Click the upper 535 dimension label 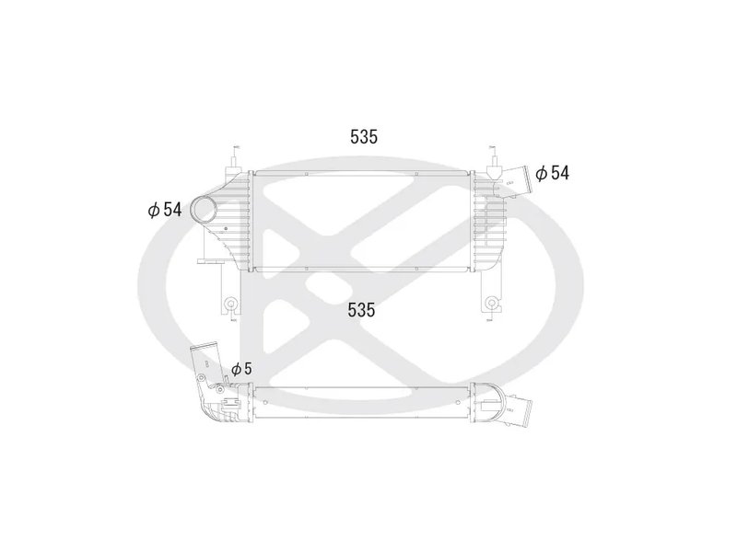tap(364, 138)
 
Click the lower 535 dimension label tap(361, 310)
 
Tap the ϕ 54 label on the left tap(164, 210)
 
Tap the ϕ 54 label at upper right tap(552, 172)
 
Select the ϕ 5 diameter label tap(241, 368)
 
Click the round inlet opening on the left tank tap(204, 211)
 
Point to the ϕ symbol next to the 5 tap(236, 368)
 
